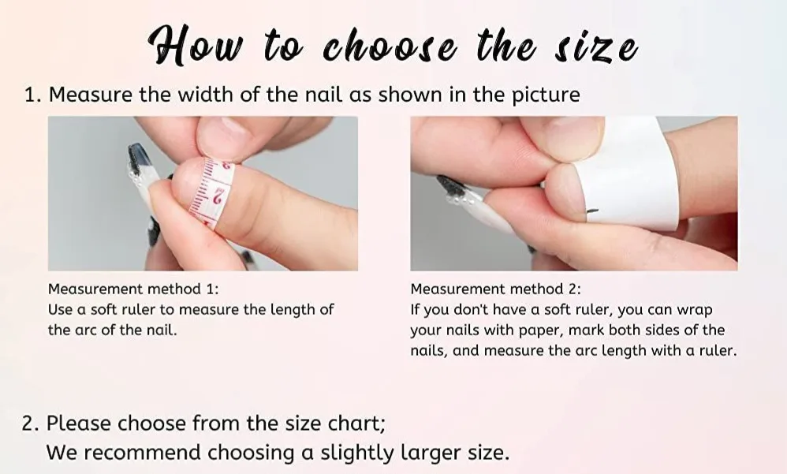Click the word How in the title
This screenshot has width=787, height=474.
pyautogui.click(x=190, y=47)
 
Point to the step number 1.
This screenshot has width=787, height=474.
pyautogui.click(x=31, y=95)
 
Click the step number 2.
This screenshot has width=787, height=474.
pyautogui.click(x=30, y=424)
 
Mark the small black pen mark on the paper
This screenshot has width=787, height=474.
pyautogui.click(x=592, y=211)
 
